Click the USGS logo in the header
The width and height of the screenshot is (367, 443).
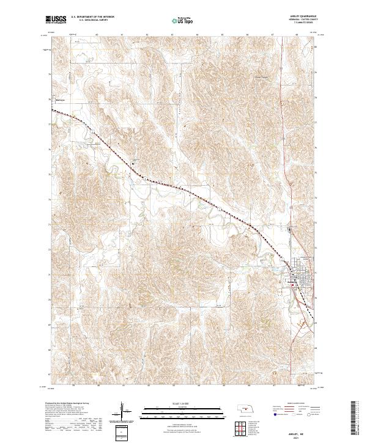tap(56, 20)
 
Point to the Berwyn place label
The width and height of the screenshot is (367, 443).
tap(60, 100)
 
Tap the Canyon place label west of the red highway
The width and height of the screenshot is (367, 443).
tap(262, 78)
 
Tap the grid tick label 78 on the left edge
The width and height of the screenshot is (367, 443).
tap(49, 98)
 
